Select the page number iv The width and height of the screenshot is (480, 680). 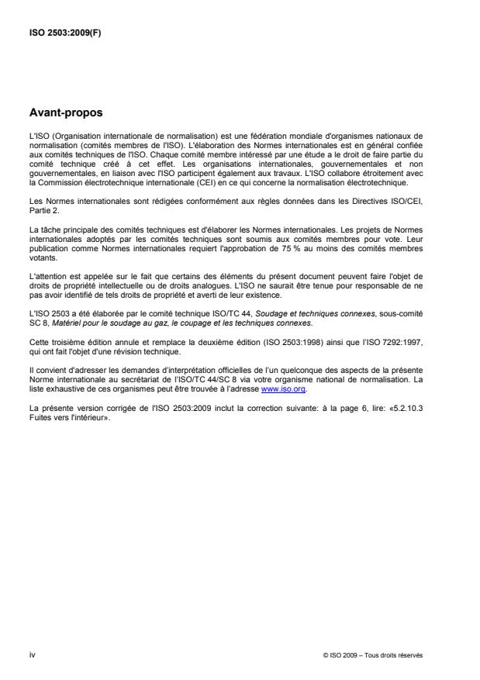32,654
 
